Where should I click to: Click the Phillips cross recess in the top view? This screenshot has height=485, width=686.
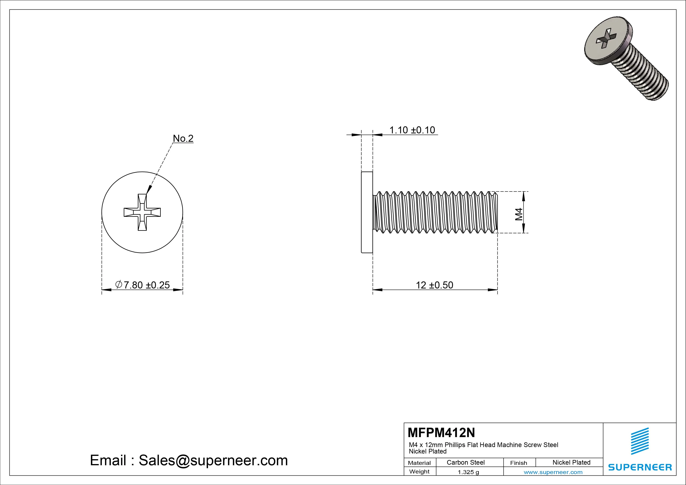point(142,212)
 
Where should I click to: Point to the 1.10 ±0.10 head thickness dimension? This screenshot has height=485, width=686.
point(412,130)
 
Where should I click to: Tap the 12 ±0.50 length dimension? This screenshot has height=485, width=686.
point(435,285)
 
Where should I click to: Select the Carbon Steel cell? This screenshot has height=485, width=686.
point(465,462)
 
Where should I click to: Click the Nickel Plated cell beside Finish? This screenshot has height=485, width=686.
point(571,462)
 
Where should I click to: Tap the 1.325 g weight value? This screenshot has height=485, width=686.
point(468,472)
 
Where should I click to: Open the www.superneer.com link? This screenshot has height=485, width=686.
point(553,472)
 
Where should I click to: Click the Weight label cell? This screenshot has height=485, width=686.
point(419,472)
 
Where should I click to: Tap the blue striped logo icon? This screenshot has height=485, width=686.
point(640,441)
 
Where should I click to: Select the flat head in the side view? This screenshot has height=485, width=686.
point(367,212)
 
